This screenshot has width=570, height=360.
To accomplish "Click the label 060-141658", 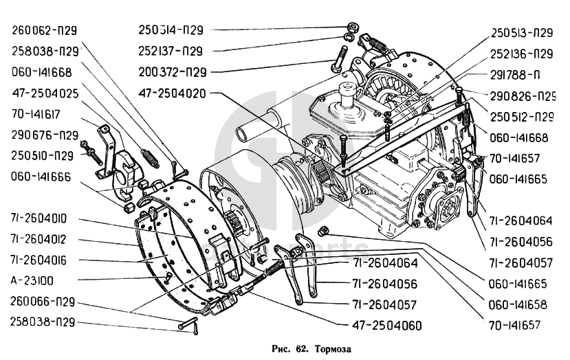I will (x=519, y=304).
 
